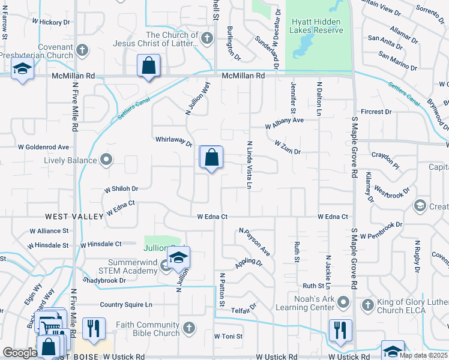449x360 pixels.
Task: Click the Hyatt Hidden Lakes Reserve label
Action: click(317, 26)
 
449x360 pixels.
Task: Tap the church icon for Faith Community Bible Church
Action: click(189, 328)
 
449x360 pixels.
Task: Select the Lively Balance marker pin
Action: click(107, 160)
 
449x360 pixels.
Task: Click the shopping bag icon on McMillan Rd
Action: click(148, 65)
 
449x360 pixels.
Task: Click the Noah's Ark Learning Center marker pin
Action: click(343, 301)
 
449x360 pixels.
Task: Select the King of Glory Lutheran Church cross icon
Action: click(366, 305)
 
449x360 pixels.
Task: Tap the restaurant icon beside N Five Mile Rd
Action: click(93, 328)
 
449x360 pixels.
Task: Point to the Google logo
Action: click(19, 353)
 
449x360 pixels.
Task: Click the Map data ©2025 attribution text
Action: click(423, 355)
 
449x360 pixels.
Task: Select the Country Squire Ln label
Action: click(126, 305)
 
